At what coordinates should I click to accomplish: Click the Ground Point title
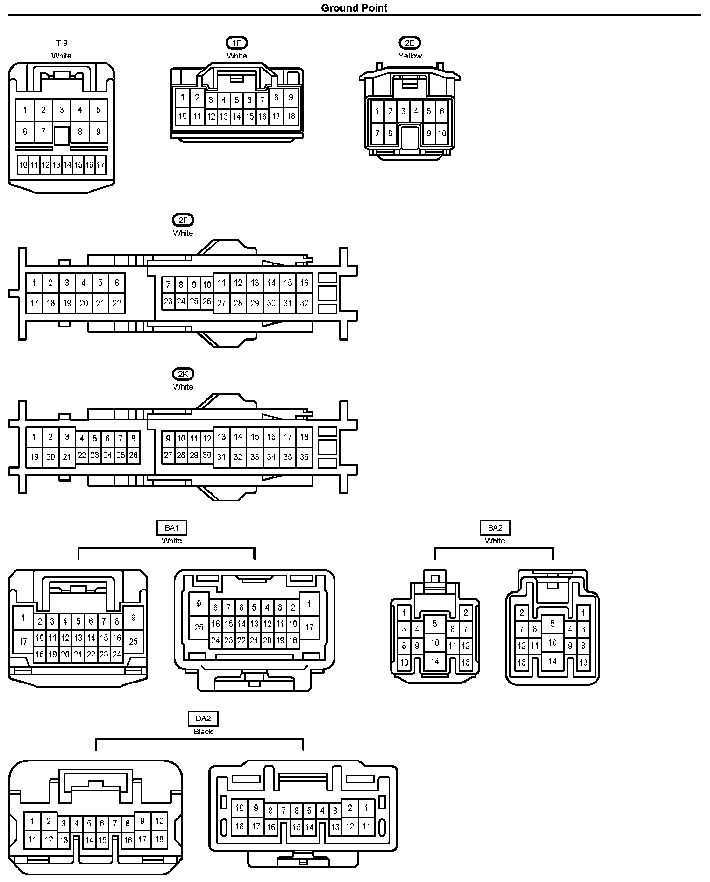pos(354,7)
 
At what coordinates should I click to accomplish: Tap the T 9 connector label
pos(62,43)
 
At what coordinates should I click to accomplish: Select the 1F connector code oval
pos(236,43)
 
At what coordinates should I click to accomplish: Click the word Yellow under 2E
pos(410,56)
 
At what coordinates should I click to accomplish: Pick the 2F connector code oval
pos(183,220)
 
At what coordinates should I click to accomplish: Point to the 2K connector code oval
pos(183,374)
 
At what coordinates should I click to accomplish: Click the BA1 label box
pos(171,528)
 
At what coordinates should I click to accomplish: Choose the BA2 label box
pos(495,528)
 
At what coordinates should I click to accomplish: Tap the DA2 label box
pos(203,718)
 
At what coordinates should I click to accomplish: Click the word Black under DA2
pos(203,732)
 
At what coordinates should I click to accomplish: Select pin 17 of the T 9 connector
pos(100,165)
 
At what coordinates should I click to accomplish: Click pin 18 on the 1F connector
pos(291,116)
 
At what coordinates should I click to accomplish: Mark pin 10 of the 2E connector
pos(441,133)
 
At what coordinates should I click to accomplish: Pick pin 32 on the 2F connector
pos(304,303)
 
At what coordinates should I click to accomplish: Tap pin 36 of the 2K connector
pos(304,457)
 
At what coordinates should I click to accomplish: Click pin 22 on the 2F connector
pos(117,303)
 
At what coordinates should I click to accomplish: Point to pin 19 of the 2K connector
pos(34,457)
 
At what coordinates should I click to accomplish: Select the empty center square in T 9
pos(61,135)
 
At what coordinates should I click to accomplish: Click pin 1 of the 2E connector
pos(377,112)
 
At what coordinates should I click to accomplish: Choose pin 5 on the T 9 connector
pos(99,110)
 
